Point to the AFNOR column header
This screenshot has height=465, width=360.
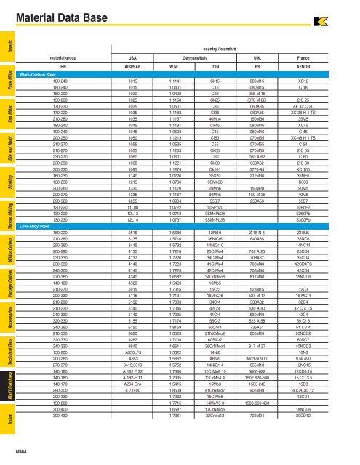point(324,66)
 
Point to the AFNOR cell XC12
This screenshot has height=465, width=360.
point(324,81)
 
